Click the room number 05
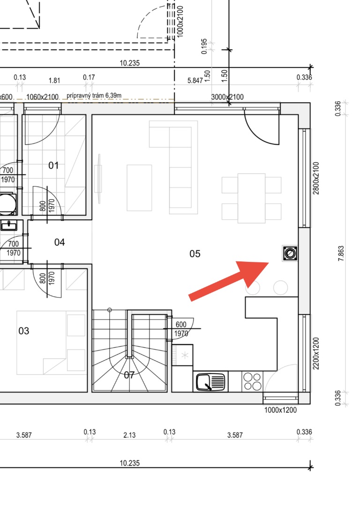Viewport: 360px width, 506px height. (195, 254)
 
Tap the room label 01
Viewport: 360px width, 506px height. (53, 165)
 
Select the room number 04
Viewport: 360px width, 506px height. (60, 242)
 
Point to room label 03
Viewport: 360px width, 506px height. (23, 331)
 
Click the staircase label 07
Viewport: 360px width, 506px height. (129, 375)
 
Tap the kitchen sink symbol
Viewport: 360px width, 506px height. (210, 382)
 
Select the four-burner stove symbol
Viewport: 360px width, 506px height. (253, 381)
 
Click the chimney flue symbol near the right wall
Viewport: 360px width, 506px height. (290, 253)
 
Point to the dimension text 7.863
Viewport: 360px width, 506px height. (341, 253)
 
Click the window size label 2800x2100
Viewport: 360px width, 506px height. (316, 178)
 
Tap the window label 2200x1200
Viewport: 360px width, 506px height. (316, 354)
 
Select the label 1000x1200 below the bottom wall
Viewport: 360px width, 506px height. (280, 410)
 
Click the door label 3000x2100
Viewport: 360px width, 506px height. (227, 97)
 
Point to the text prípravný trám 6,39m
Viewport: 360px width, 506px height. (94, 96)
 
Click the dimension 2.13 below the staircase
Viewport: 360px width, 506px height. (129, 435)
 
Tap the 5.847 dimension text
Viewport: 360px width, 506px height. (195, 81)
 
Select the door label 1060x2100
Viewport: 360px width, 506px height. (42, 97)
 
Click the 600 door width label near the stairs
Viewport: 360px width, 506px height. (181, 324)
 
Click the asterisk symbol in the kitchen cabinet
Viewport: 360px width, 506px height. (185, 355)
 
